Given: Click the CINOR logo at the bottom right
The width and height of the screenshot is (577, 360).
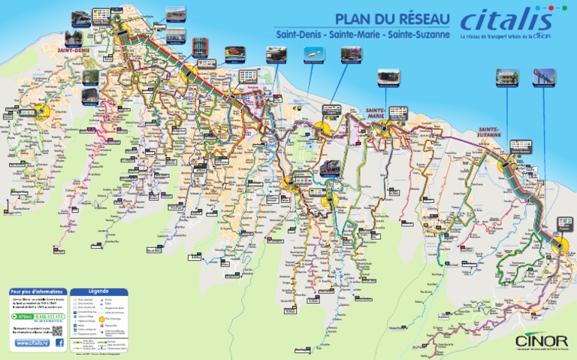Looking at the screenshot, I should (x=537, y=340).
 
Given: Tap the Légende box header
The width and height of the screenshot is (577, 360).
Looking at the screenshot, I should (x=99, y=291).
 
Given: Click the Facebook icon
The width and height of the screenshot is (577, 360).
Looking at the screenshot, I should (x=59, y=343).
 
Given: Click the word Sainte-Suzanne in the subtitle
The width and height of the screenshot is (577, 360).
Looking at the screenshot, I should (x=415, y=35).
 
